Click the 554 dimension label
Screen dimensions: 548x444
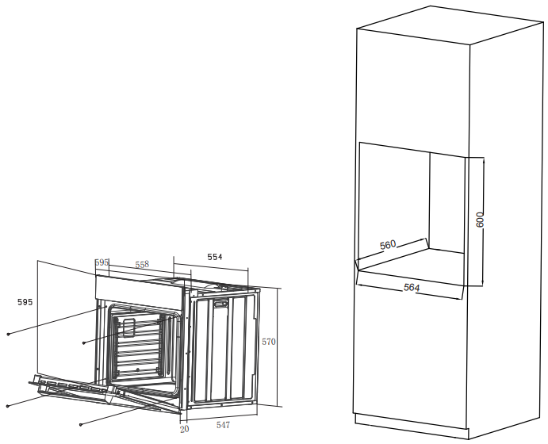pos(215,257)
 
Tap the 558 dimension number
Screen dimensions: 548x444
pos(142,264)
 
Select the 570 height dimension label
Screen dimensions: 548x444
pos(269,342)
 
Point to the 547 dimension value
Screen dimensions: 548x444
pos(223,425)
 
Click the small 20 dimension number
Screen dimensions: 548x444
pos(184,429)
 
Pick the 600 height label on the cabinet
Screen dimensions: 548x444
pos(481,220)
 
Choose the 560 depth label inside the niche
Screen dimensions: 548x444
pos(388,245)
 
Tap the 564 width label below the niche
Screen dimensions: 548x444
pos(412,288)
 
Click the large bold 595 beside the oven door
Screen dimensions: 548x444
pos(25,302)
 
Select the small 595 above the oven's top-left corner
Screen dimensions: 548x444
pos(102,262)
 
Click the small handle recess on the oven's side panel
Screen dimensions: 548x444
pos(220,304)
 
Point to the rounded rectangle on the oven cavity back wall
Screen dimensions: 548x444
pos(129,327)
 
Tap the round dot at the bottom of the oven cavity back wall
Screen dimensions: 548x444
pos(138,369)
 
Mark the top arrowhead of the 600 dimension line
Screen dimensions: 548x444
pos(483,159)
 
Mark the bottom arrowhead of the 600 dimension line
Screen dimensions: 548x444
pos(483,284)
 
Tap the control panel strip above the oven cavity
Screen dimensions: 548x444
pos(139,291)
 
